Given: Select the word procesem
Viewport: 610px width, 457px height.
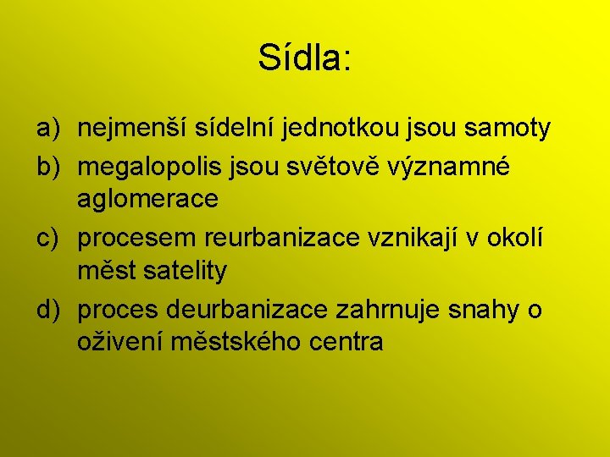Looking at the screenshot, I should pos(137,239).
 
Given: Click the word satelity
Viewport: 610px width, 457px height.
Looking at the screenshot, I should pos(184,272).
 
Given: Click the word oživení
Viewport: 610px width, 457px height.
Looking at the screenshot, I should pos(119,342).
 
